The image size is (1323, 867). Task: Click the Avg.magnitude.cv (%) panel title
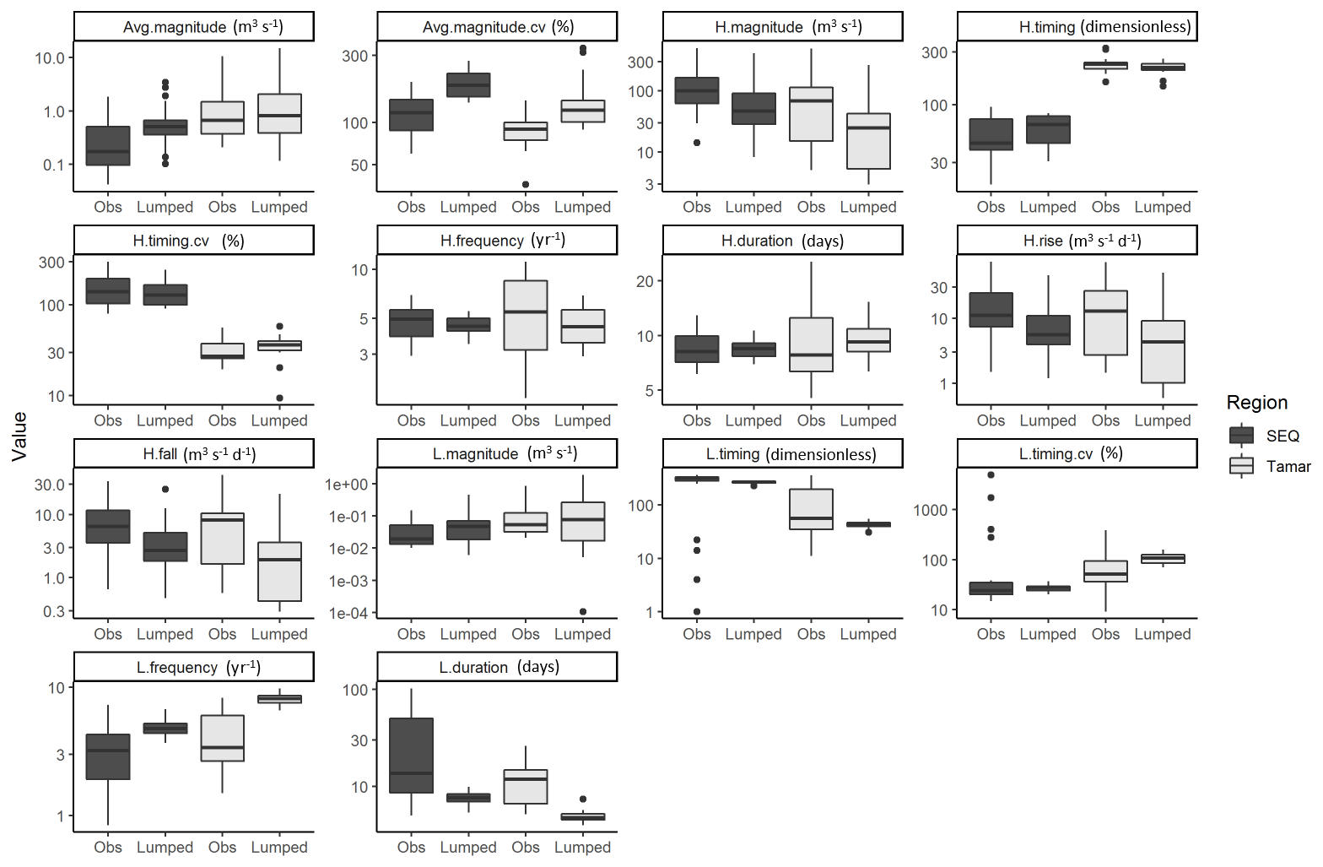(497, 27)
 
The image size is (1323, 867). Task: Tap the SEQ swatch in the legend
(1241, 436)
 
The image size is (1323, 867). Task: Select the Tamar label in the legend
(1288, 466)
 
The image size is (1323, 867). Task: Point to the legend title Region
(1256, 403)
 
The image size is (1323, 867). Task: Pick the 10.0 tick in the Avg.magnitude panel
(50, 57)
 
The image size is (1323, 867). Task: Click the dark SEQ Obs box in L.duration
(411, 755)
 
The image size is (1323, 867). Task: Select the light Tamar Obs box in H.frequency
(526, 315)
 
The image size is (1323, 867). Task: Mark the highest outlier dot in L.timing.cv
(991, 475)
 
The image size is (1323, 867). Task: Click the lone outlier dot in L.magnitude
(583, 611)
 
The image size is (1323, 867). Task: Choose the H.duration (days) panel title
(782, 241)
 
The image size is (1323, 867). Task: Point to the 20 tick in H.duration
(645, 281)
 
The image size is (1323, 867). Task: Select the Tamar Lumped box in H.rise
(1163, 351)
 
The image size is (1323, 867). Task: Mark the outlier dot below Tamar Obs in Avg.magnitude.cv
(526, 184)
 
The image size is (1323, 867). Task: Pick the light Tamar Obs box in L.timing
(811, 509)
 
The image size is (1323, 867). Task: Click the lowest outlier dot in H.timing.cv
(279, 398)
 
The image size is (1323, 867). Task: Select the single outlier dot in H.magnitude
(697, 143)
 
